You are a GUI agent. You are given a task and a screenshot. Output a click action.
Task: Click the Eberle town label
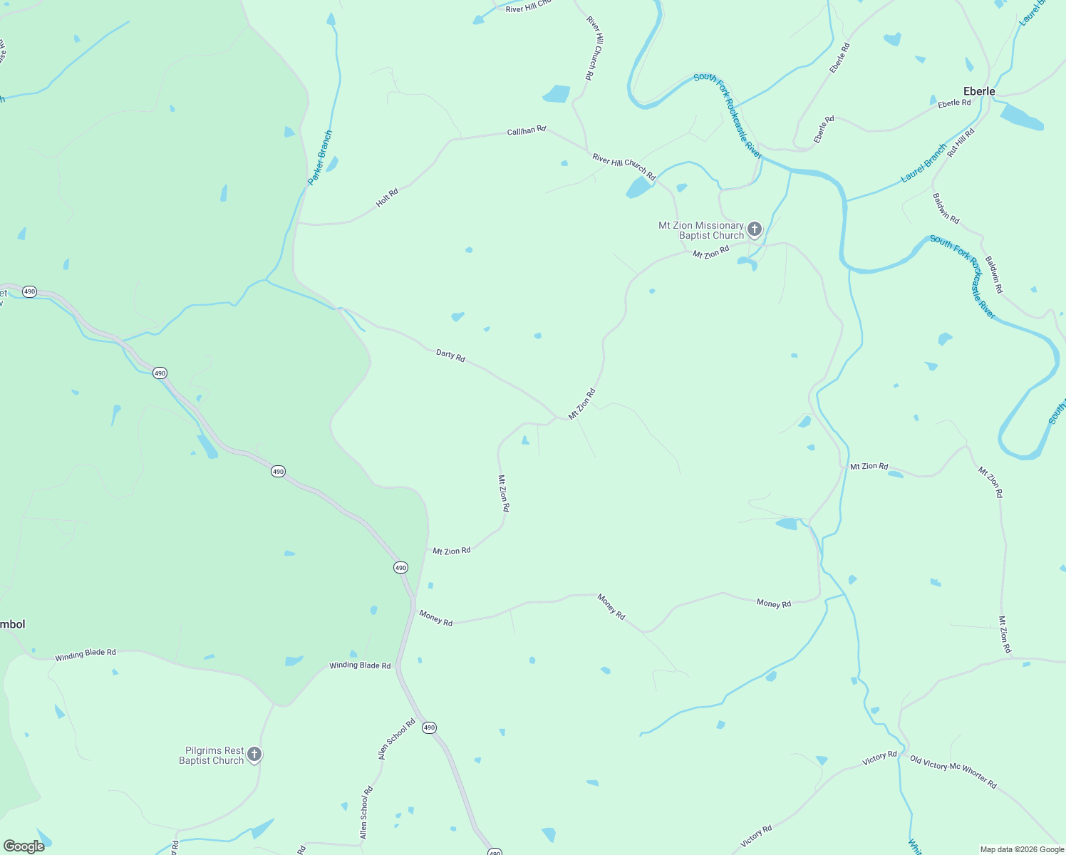[978, 91]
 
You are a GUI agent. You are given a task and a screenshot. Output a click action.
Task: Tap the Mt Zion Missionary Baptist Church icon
[755, 229]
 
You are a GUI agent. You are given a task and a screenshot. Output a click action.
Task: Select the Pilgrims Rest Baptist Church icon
[254, 755]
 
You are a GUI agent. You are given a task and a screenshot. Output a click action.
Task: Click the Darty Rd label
[450, 355]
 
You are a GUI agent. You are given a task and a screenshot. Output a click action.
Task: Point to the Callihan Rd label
[526, 130]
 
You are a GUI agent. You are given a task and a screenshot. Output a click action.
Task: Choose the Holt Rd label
[387, 197]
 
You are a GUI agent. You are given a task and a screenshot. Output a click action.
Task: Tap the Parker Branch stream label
[320, 157]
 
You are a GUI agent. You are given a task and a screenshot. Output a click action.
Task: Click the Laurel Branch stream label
[923, 163]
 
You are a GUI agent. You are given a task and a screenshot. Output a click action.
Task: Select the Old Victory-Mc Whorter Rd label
[953, 772]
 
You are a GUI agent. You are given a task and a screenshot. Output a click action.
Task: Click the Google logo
[24, 846]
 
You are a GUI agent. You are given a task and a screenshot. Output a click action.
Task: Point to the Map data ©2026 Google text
[1022, 849]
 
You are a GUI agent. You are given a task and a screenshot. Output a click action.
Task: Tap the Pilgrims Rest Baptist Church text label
[212, 755]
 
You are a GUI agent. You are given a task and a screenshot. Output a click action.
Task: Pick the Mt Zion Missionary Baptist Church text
[701, 230]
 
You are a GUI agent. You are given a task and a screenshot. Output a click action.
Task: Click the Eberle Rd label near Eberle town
[954, 103]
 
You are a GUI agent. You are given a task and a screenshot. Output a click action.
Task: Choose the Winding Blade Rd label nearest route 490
[360, 665]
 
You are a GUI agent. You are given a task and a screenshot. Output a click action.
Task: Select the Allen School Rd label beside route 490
[397, 739]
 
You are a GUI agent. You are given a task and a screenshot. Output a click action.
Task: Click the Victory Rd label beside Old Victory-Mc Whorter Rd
[879, 758]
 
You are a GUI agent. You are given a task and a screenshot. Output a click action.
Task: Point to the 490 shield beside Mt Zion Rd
[401, 568]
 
